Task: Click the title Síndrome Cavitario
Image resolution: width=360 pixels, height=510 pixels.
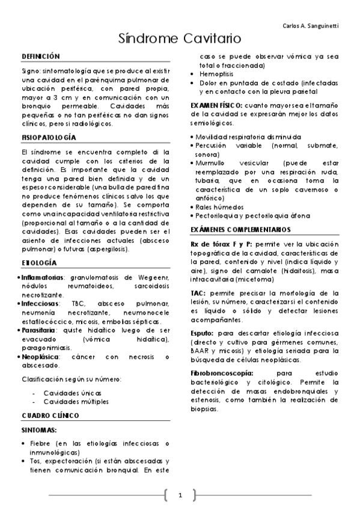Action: [180, 39]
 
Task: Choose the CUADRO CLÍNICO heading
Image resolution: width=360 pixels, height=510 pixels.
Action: [50, 416]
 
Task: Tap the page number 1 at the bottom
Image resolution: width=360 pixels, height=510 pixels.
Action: [180, 496]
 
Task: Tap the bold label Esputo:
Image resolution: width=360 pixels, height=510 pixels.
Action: [203, 333]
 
